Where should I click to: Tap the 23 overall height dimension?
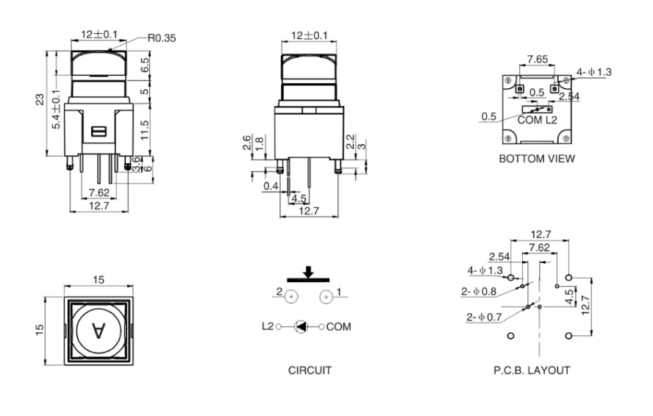[40, 101]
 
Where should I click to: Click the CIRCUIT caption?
[309, 370]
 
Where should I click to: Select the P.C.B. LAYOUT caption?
[532, 370]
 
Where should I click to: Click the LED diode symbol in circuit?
[301, 326]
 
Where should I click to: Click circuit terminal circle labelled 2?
[291, 297]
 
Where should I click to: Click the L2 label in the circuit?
[266, 326]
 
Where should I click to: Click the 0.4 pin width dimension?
[271, 186]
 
